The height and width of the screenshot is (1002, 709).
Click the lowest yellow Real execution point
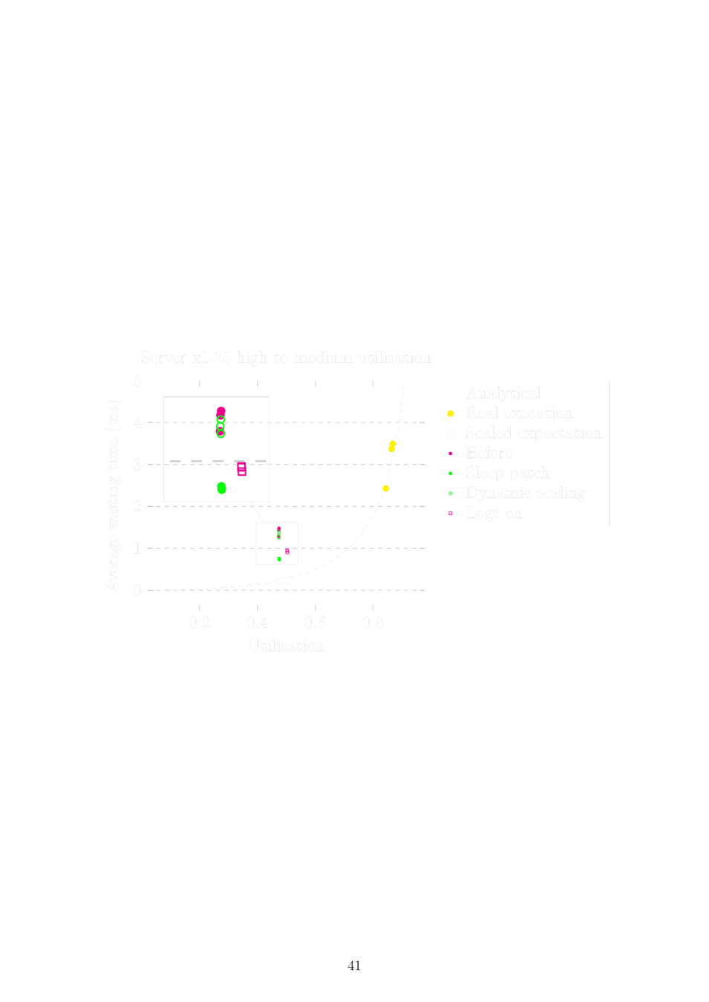click(385, 488)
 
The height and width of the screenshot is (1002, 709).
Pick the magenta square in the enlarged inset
click(242, 471)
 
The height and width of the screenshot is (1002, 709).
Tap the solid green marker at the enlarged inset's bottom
click(221, 488)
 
